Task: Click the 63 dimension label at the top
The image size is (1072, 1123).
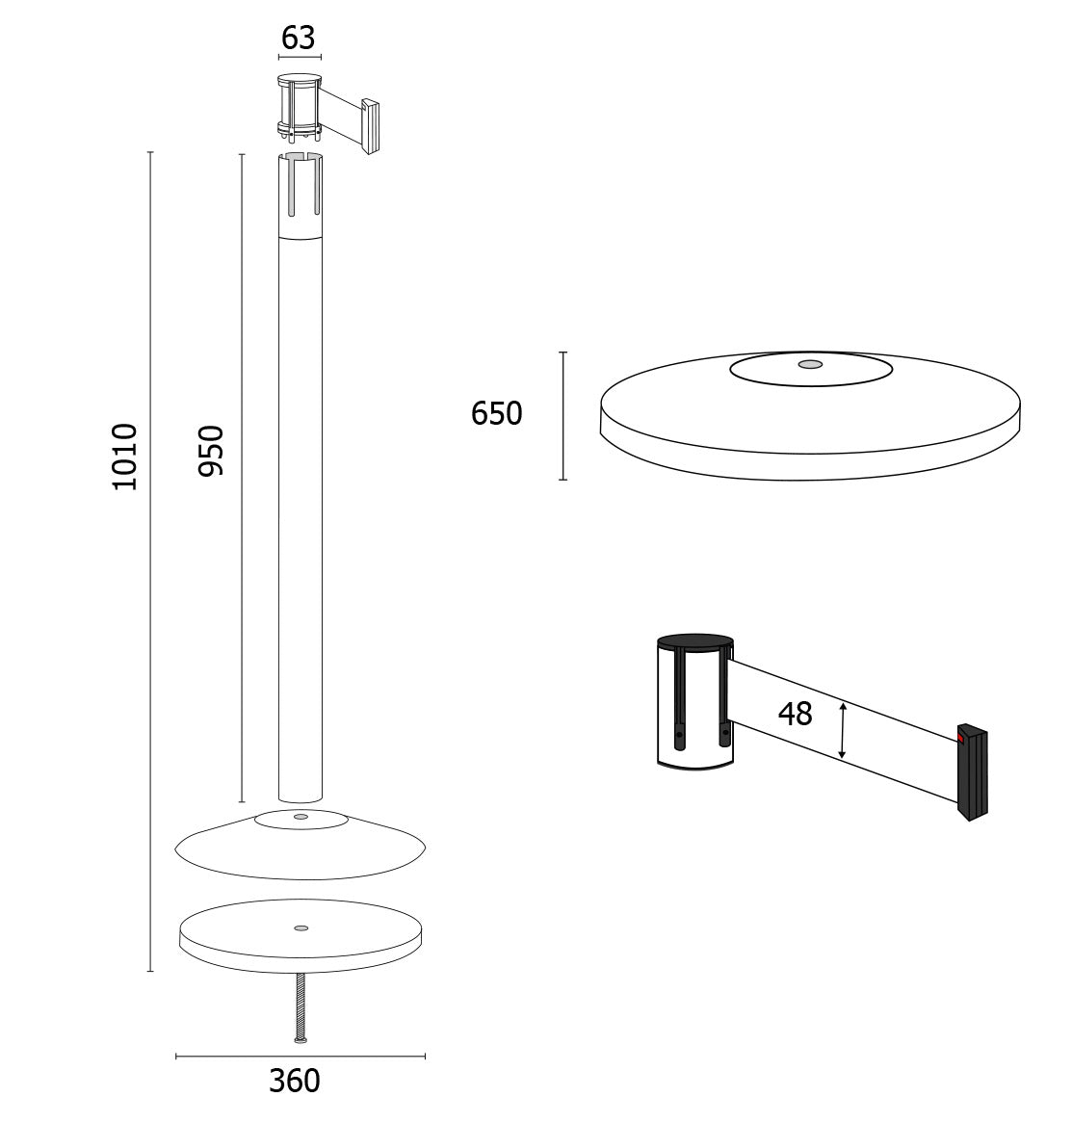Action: pos(298,38)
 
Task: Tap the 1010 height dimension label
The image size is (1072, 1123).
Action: pos(125,457)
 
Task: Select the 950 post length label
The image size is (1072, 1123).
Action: pos(211,451)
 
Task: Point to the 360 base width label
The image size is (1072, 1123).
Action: pos(295,1081)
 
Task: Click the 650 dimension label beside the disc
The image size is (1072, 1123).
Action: pos(496,414)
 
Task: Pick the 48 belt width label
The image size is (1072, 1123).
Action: pos(795,714)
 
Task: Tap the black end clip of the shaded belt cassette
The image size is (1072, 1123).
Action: pos(973,772)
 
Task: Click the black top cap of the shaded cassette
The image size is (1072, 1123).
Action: pos(695,641)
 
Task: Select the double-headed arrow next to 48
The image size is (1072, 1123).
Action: pos(843,730)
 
